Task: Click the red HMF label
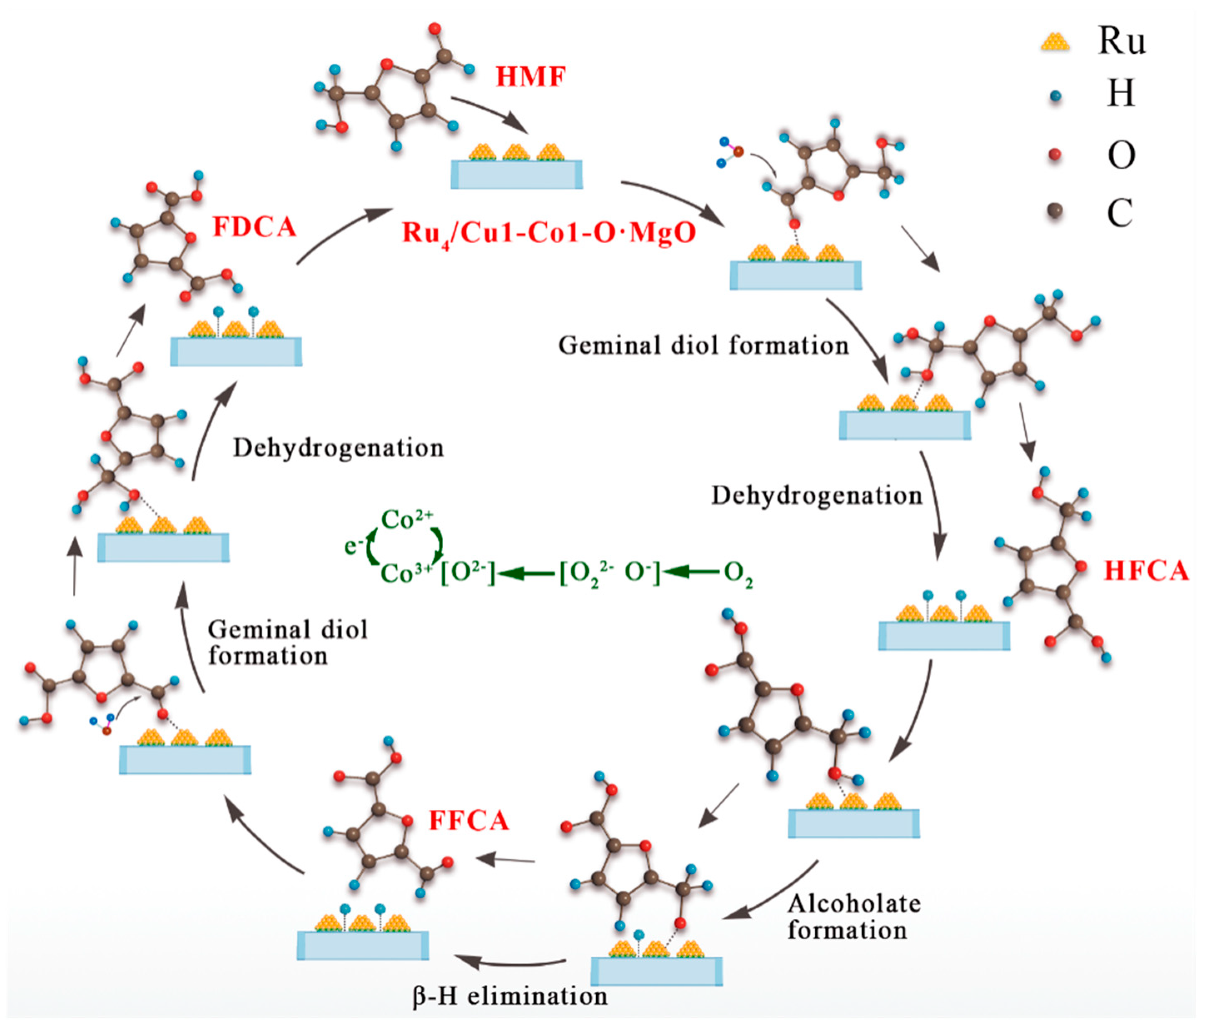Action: coord(530,77)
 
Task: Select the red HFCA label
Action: coord(1146,571)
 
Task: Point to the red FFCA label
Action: coord(469,820)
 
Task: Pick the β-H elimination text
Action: coord(510,996)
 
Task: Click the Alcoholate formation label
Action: coord(854,916)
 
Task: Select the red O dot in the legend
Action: coord(1056,155)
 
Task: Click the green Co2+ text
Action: coord(407,520)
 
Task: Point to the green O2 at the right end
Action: coord(738,574)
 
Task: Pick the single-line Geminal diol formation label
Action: coord(703,346)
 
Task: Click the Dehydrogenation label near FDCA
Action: coord(338,448)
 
